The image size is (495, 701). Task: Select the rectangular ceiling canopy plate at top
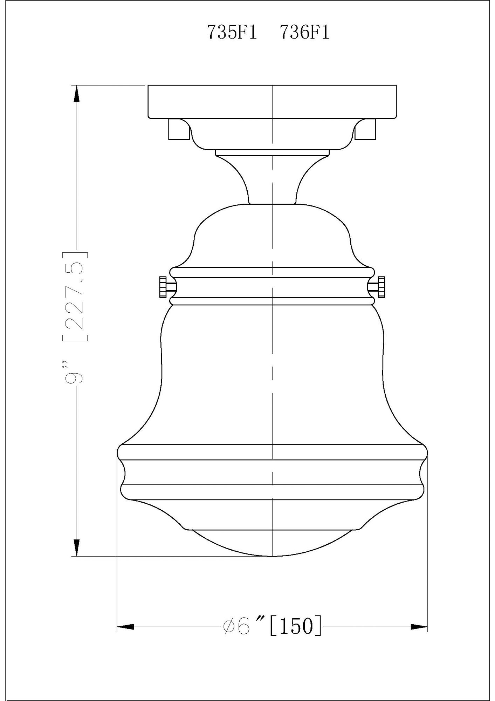272,101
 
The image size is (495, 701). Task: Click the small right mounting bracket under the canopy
366,129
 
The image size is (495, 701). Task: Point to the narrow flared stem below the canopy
272,182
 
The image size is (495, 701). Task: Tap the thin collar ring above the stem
272,152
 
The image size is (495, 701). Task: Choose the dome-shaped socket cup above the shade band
272,235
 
